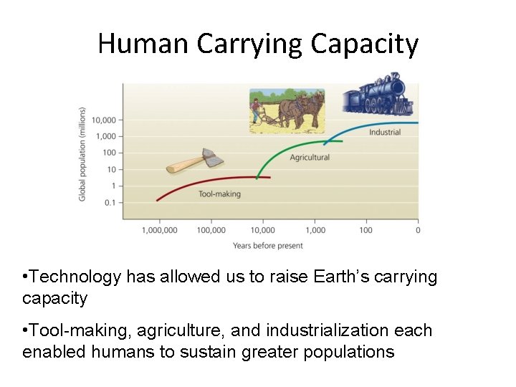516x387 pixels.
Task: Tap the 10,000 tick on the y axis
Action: point(104,120)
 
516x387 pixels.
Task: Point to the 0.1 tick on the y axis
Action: point(109,202)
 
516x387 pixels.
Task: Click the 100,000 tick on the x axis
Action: point(211,230)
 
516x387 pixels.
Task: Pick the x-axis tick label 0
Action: point(418,230)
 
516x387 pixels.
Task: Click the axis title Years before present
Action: point(268,246)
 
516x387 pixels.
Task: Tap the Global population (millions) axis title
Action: point(82,154)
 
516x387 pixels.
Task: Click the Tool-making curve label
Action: point(219,193)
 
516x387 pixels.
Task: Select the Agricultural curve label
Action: point(310,158)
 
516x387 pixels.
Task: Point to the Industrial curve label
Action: point(385,132)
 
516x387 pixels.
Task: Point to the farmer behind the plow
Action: point(256,111)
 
